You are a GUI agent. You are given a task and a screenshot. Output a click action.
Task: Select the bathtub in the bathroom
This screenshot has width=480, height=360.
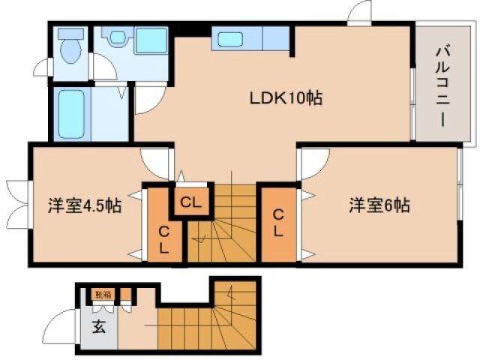coord(73,114)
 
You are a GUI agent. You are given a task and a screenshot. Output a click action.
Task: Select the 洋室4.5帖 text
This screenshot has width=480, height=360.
coord(85,205)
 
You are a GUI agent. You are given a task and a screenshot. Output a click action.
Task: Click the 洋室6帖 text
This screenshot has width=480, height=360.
coord(378,205)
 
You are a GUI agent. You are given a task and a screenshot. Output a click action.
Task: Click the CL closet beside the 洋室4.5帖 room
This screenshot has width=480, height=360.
coord(163,238)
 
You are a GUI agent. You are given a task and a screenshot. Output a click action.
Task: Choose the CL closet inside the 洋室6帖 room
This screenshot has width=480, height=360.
coord(277,223)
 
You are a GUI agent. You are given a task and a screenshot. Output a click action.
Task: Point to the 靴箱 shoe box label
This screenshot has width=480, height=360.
coord(100,295)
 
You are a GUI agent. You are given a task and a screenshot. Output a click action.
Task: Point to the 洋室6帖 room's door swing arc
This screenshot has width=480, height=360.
coord(315,160)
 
